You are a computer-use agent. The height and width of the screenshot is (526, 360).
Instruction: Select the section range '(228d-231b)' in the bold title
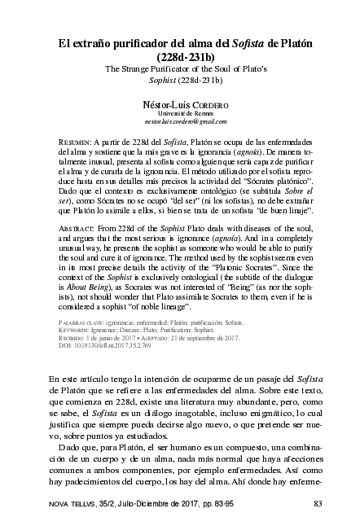[179, 57]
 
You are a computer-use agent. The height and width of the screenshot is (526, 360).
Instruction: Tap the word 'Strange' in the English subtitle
[140, 70]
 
